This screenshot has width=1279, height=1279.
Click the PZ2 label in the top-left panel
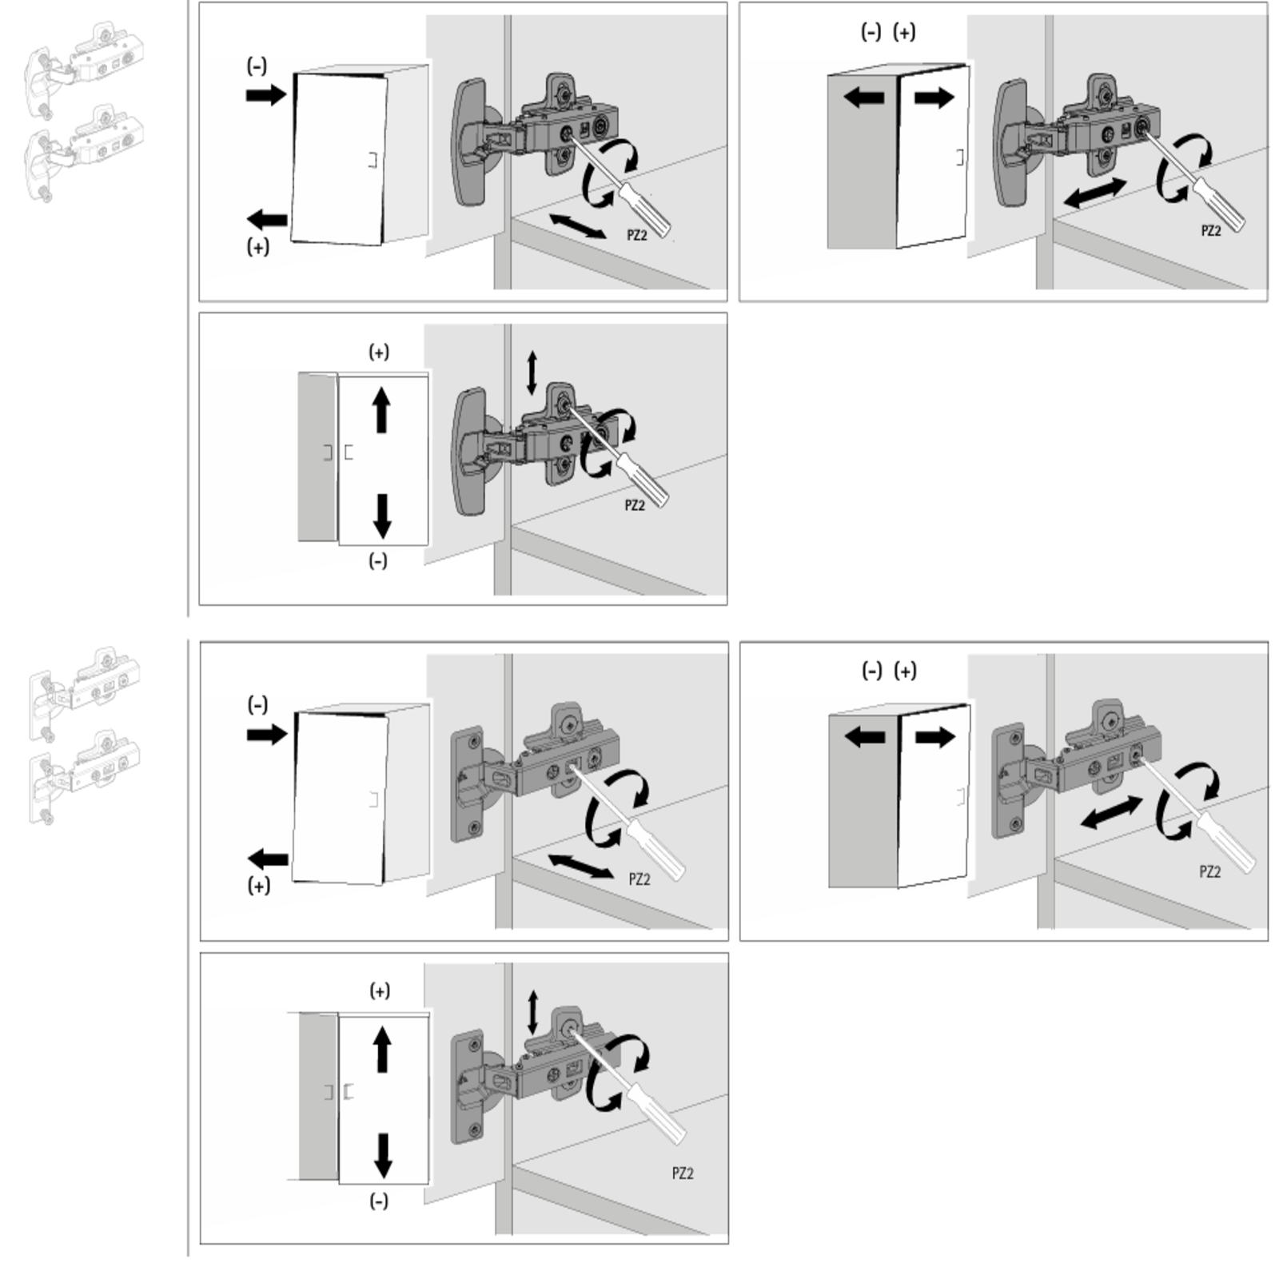pyautogui.click(x=636, y=235)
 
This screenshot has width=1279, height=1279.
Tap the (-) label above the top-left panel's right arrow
pyautogui.click(x=257, y=66)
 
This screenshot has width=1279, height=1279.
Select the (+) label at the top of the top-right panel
pyautogui.click(x=904, y=32)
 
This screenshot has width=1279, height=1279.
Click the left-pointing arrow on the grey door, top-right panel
pyautogui.click(x=864, y=98)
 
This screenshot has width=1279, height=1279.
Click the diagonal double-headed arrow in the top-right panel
pyautogui.click(x=1095, y=193)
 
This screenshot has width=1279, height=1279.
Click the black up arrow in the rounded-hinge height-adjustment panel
pyautogui.click(x=381, y=410)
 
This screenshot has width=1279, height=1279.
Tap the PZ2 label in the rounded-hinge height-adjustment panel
pyautogui.click(x=634, y=505)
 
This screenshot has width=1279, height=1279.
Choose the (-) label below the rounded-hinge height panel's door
pyautogui.click(x=378, y=561)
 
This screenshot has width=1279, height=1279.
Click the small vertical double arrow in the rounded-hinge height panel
pyautogui.click(x=532, y=373)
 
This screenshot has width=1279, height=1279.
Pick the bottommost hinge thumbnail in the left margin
pyautogui.click(x=85, y=777)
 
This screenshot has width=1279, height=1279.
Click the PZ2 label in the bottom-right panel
pyautogui.click(x=1210, y=871)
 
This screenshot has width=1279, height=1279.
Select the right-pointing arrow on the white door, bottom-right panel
pyautogui.click(x=935, y=736)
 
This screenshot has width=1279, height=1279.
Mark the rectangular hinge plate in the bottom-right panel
pyautogui.click(x=1006, y=781)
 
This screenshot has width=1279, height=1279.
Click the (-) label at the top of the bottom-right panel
pyautogui.click(x=871, y=671)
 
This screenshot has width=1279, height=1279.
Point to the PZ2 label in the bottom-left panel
pyautogui.click(x=683, y=1173)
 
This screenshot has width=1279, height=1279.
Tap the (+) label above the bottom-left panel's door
pyautogui.click(x=380, y=991)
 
